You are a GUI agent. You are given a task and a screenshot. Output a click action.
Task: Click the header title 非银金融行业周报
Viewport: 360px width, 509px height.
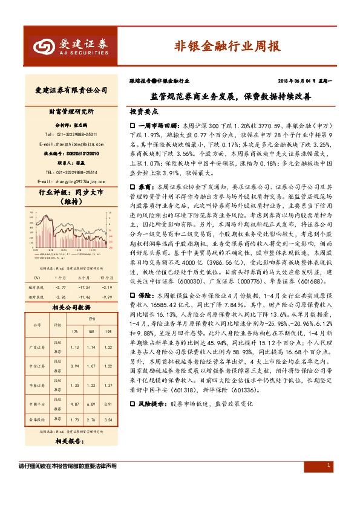pyautogui.click(x=227, y=46)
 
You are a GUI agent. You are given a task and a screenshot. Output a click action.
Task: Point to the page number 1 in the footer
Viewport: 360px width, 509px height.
pyautogui.click(x=327, y=465)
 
